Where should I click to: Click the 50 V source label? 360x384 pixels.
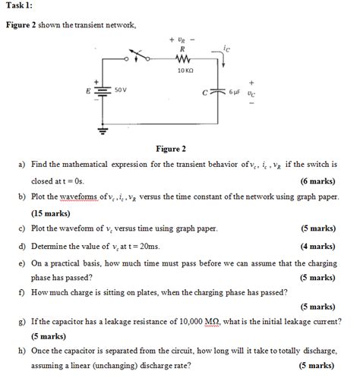pyautogui.click(x=120, y=90)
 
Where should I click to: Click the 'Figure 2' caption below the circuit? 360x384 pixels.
pyautogui.click(x=171, y=150)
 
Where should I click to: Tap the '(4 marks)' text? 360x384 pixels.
pyautogui.click(x=317, y=246)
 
